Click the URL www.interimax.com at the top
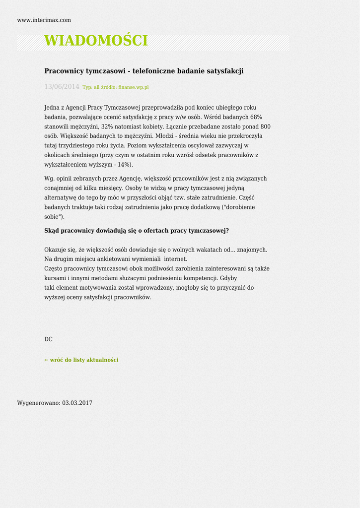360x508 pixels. coord(44,20)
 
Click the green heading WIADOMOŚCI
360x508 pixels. coord(96,41)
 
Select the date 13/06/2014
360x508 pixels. coord(62,87)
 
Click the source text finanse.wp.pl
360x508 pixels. coord(133,87)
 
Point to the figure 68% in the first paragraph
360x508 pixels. coord(256,117)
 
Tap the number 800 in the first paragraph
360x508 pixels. coord(265,127)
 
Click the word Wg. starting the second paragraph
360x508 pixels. coord(49,179)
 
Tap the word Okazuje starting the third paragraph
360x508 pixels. coord(55,250)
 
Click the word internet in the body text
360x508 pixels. coord(176,259)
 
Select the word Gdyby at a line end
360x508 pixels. coord(228,278)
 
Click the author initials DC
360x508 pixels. coord(48,339)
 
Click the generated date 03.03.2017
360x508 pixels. coord(77,403)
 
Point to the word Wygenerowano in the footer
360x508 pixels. coord(39,403)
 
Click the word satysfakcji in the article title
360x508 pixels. coord(225,71)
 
